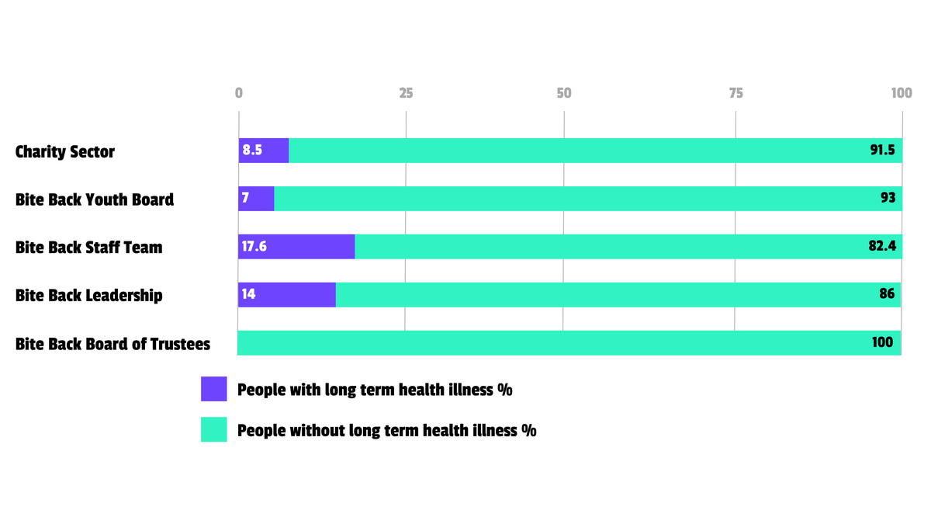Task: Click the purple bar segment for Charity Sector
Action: (x=264, y=150)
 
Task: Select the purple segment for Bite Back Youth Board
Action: (x=256, y=199)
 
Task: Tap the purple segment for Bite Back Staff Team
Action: (x=296, y=247)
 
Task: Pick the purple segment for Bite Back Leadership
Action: (x=287, y=295)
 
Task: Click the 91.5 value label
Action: (x=882, y=150)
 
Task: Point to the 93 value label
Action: (x=888, y=197)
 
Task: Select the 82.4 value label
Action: (x=882, y=246)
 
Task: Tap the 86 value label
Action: (x=887, y=294)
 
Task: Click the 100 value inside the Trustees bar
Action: (x=882, y=342)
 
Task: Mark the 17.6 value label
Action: (x=254, y=247)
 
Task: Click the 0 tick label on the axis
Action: (x=239, y=92)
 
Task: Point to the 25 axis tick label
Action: (x=406, y=92)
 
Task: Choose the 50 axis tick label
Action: (x=564, y=92)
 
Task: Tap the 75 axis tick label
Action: (x=735, y=92)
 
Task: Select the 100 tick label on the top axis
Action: (x=902, y=92)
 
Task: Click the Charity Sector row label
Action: (x=65, y=152)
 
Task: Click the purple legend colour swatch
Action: (x=214, y=389)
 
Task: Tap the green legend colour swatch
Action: (x=214, y=429)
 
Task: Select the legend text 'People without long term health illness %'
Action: (x=387, y=430)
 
